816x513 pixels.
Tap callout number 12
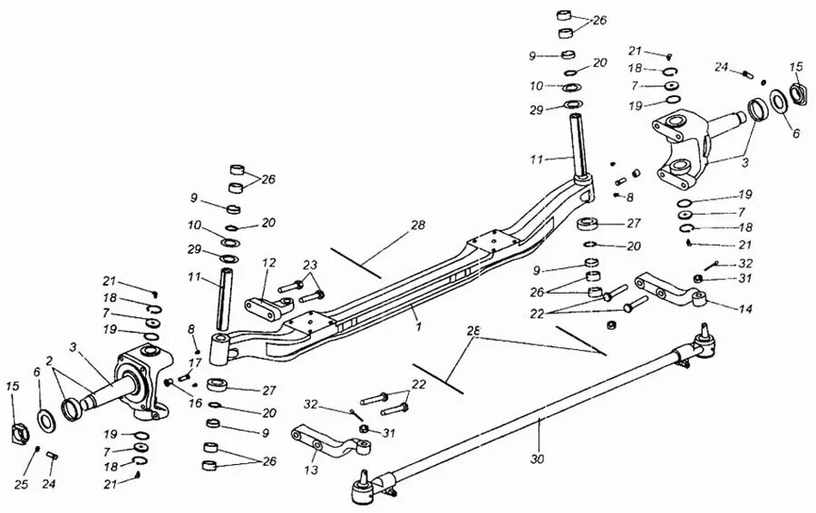coord(268,263)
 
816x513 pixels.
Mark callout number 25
coord(22,486)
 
